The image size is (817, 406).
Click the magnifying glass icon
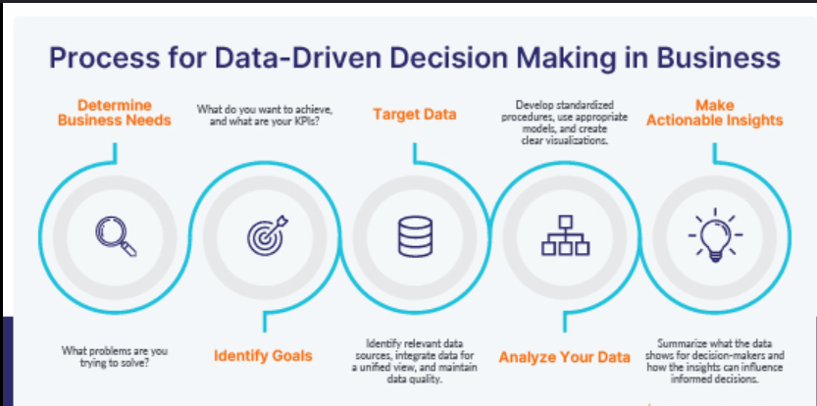point(116,236)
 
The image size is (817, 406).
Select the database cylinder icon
point(415,236)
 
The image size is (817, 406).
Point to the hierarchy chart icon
point(565,235)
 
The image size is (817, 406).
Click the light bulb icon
point(715,234)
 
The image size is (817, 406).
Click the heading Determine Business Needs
point(115,113)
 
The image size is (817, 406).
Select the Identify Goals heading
point(263,356)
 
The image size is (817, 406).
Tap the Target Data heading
point(415,114)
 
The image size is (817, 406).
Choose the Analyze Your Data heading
point(565,357)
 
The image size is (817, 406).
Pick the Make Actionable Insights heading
point(715,113)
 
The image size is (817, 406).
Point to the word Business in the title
point(719,58)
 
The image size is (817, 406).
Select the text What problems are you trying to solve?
point(115,355)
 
